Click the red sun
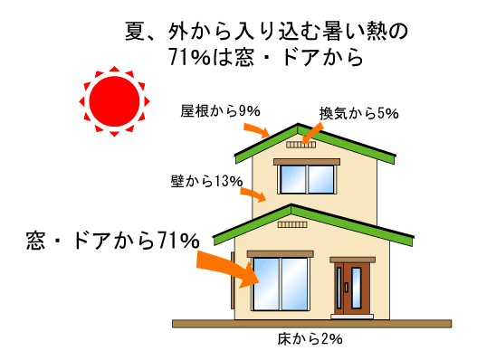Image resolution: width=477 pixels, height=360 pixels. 114,101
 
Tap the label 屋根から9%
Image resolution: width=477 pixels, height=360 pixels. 221,111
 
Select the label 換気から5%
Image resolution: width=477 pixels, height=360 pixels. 359,114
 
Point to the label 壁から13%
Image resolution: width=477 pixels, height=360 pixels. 207,181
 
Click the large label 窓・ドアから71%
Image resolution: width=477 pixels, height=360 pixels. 113,241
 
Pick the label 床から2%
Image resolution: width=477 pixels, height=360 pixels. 310,339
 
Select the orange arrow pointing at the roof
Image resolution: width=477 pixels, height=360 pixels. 257,130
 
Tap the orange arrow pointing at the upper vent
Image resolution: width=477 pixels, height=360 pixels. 312,133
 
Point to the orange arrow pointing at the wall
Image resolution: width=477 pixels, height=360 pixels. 253,194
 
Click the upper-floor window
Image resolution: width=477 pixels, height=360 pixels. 307,179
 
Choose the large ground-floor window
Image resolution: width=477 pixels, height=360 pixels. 281,284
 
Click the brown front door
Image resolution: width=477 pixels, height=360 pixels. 352,289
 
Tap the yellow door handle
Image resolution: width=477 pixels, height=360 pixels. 346,288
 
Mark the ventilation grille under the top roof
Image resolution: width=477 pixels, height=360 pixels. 301,145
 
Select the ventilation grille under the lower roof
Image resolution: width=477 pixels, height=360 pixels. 292,224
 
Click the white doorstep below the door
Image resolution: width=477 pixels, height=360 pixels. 352,317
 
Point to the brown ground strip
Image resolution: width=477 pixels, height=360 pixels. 311,324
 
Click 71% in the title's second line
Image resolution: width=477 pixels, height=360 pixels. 189,57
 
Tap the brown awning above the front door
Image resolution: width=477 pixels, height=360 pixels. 353,260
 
